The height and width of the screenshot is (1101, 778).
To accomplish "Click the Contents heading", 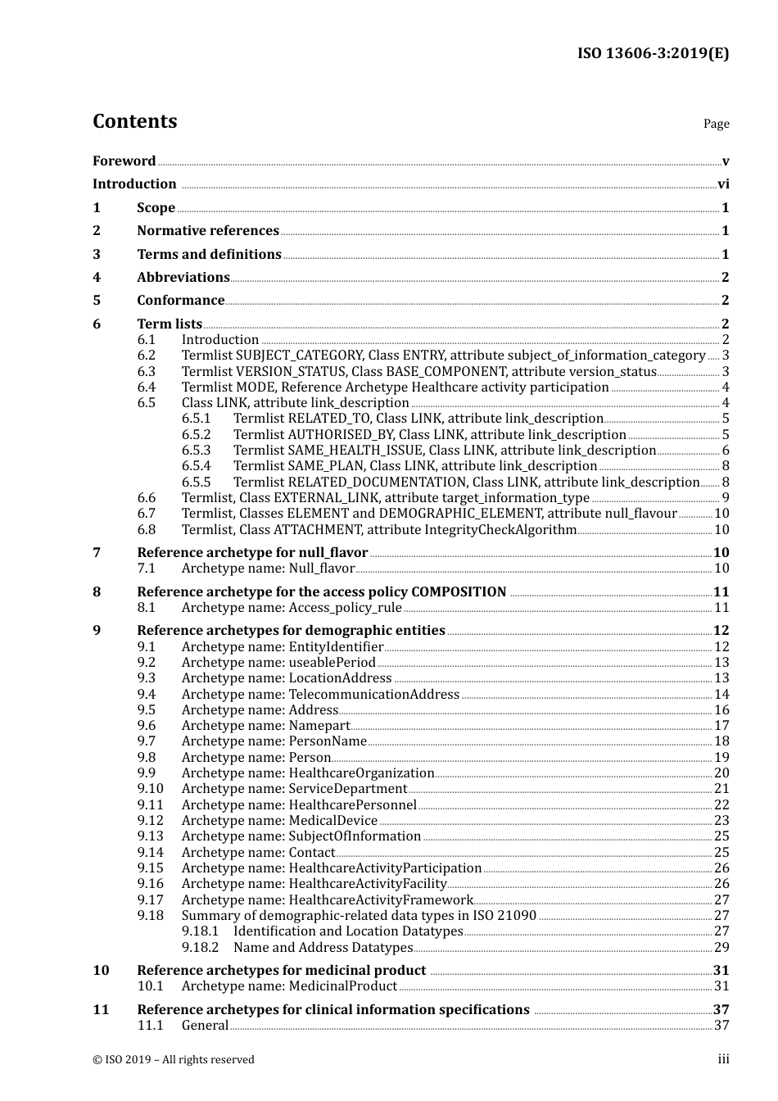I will (x=134, y=121).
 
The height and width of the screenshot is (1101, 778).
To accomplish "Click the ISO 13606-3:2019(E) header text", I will (x=653, y=54).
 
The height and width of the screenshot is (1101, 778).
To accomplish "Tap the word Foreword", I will (x=124, y=161).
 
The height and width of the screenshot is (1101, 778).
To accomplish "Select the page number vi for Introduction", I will (x=723, y=184).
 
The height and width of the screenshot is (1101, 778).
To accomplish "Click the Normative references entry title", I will (x=208, y=231).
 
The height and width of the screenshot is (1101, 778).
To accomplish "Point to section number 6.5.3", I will (x=196, y=451).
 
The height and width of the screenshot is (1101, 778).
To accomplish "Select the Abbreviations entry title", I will (x=183, y=278).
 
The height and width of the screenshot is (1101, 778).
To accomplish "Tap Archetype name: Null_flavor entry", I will (x=268, y=569).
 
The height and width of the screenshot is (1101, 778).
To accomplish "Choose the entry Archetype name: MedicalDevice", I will (x=279, y=821).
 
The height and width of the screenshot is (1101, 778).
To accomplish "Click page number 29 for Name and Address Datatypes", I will (x=721, y=948).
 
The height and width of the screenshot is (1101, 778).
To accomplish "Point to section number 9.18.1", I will (x=200, y=931).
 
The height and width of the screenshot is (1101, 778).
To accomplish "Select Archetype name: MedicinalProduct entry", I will (x=289, y=986).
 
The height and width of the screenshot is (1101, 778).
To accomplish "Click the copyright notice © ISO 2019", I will (x=173, y=1060).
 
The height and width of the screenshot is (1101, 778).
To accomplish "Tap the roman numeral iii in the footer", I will (x=723, y=1059).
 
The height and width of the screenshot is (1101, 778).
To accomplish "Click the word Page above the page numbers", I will (x=716, y=124).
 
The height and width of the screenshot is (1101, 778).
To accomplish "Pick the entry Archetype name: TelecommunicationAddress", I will (x=320, y=695).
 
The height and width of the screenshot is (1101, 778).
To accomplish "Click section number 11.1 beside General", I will (x=150, y=1026).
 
